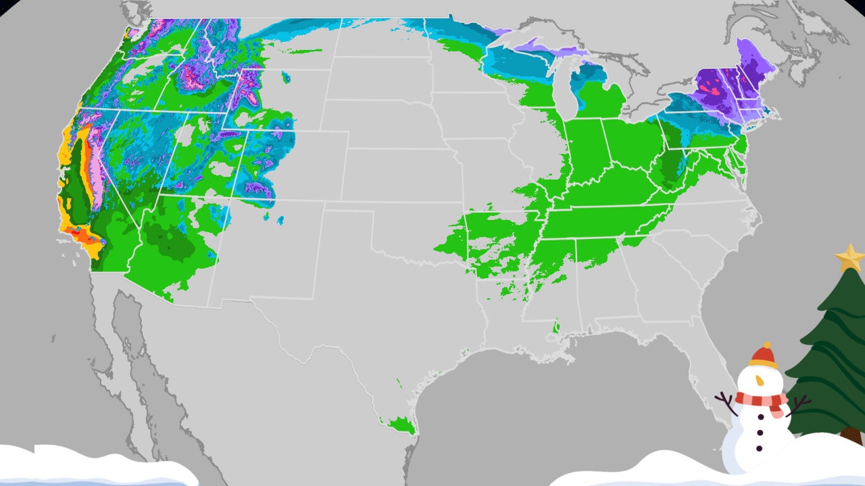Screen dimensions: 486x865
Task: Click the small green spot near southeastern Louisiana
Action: (x=556, y=329)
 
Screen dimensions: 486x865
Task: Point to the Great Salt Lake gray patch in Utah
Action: (x=183, y=134)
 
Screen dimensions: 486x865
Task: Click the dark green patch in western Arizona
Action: (x=166, y=243)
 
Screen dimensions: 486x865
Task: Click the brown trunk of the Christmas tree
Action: (x=851, y=435)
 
